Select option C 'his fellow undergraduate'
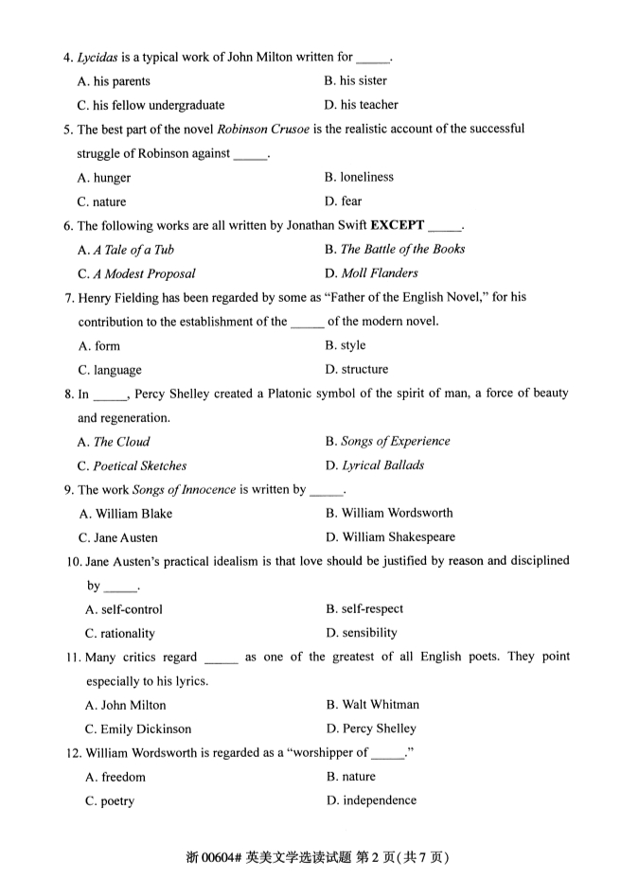click(151, 105)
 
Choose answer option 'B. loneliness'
click(359, 177)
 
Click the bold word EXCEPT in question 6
click(397, 225)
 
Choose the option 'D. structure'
click(356, 369)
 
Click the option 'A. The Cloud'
click(115, 442)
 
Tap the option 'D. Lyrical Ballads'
click(374, 466)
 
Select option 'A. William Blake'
click(126, 514)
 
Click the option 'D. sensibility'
click(362, 633)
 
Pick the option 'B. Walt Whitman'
click(372, 705)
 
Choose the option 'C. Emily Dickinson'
click(137, 729)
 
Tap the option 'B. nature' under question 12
click(350, 777)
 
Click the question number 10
click(73, 561)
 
